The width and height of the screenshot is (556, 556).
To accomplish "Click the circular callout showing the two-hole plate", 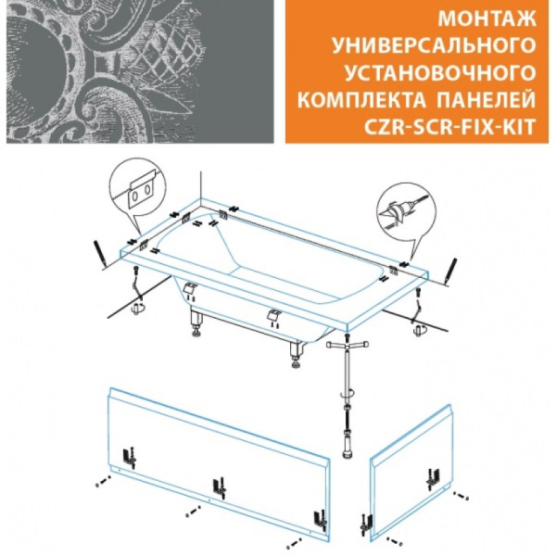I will [x=140, y=194].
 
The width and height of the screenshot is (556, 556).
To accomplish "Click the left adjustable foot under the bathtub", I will [x=198, y=324].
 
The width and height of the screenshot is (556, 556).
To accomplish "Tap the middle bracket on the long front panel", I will [x=219, y=485].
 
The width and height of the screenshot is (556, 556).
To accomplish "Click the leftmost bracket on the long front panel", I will [x=130, y=457].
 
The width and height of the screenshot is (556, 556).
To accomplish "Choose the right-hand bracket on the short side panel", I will [x=432, y=480].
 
